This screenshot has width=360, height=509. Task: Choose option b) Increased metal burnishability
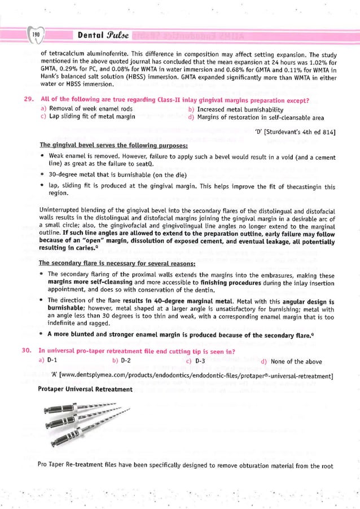coord(235,108)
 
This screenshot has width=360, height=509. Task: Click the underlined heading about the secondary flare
coord(117,263)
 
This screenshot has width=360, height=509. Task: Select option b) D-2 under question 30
coord(122,361)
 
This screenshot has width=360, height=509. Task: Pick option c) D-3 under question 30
coord(195,361)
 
